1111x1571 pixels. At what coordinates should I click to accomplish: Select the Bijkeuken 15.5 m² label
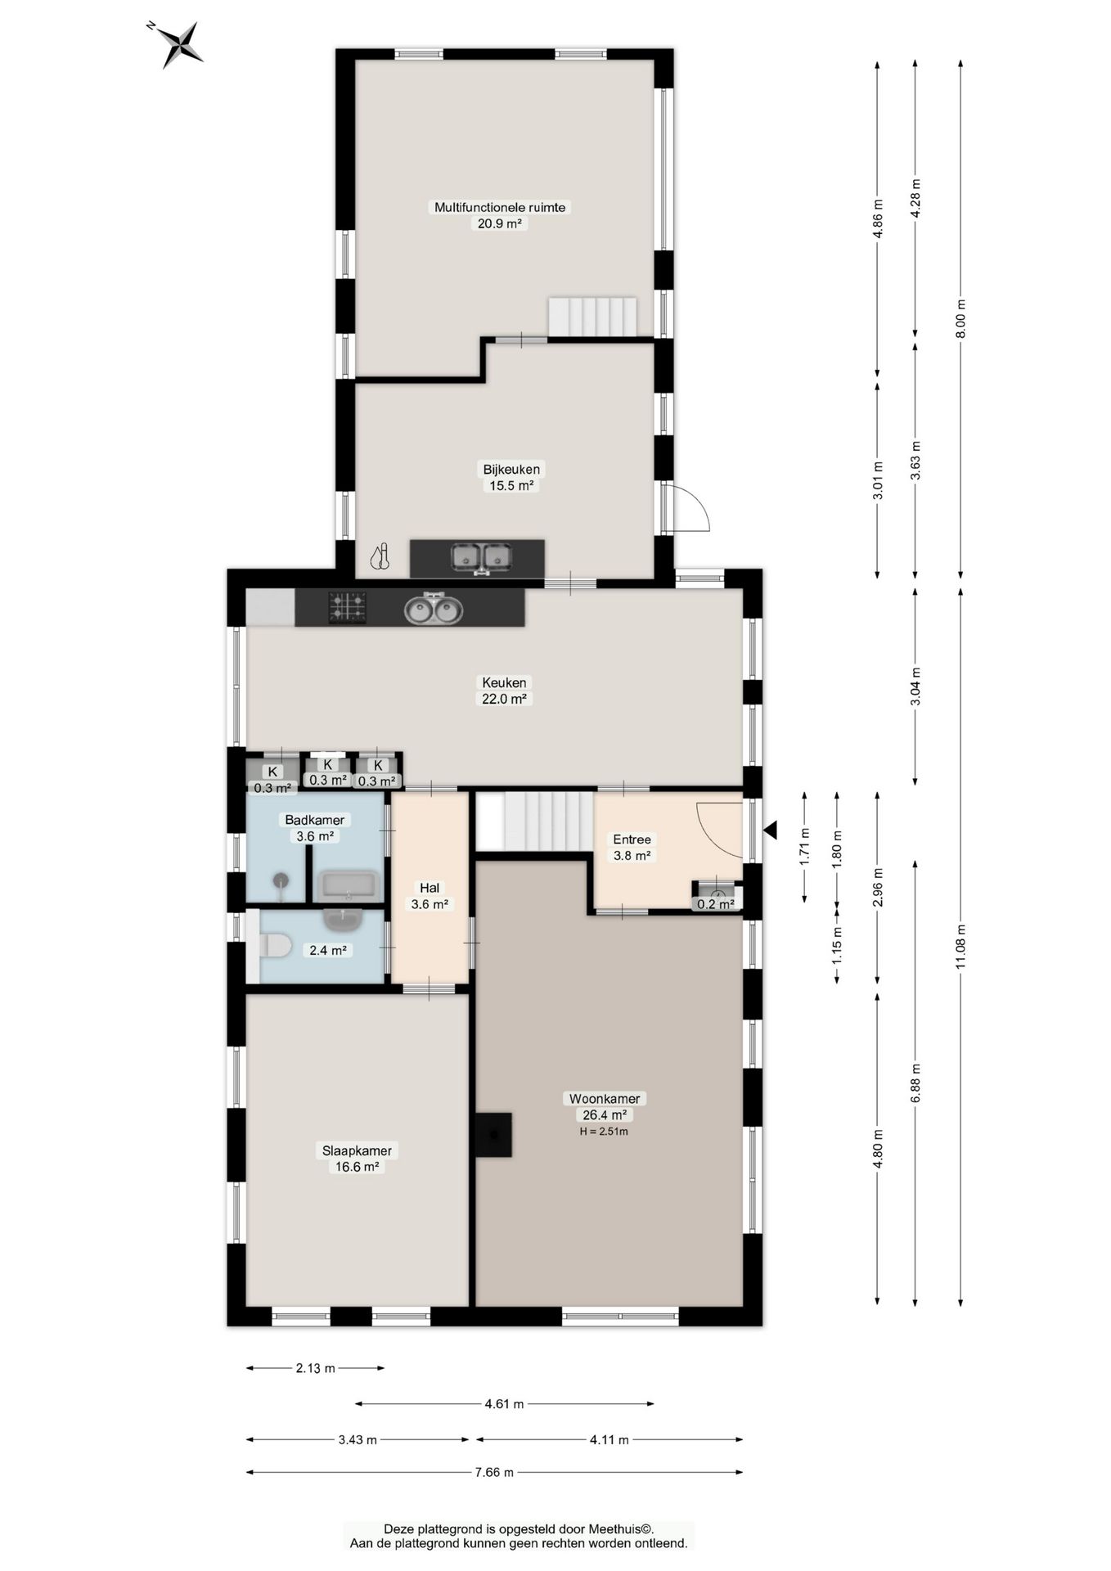pos(511,477)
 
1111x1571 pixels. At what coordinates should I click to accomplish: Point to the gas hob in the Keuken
pos(348,608)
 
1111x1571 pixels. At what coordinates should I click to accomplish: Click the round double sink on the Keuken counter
pos(434,609)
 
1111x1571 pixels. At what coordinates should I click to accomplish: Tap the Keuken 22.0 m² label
pos(504,691)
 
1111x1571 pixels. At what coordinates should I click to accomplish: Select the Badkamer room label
pos(314,820)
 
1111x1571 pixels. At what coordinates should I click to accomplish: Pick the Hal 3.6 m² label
pos(430,896)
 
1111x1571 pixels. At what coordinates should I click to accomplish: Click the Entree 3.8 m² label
pos(632,848)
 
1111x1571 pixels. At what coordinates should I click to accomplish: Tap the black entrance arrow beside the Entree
pos(770,831)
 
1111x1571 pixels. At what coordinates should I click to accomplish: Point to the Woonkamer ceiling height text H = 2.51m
pos(604,1132)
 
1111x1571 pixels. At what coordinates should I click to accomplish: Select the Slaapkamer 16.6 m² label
pos(357,1159)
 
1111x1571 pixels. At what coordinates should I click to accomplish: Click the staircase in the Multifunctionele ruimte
pos(592,317)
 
